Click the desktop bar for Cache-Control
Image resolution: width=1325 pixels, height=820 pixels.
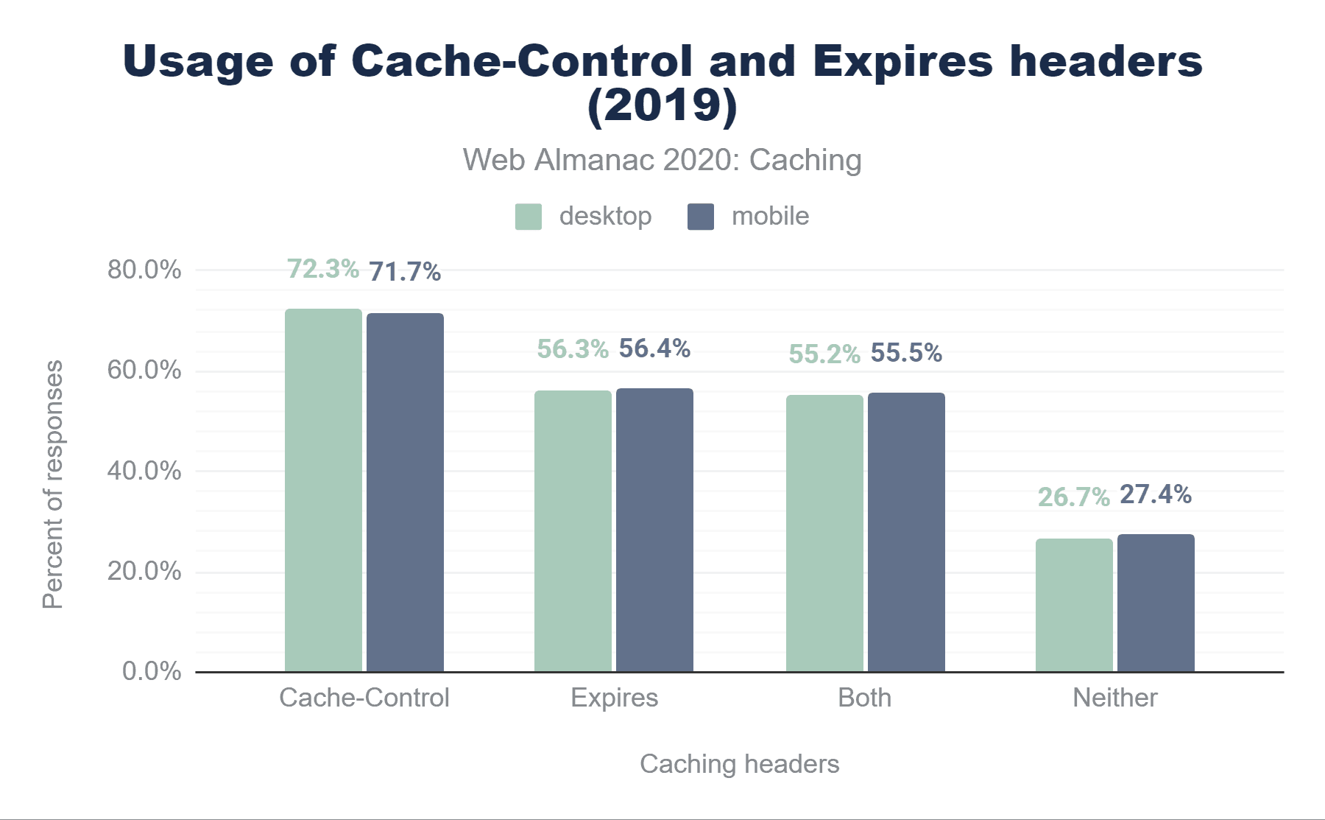point(323,490)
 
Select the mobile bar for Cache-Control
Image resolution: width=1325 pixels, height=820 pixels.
point(405,492)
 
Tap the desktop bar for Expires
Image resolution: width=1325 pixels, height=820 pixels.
point(573,530)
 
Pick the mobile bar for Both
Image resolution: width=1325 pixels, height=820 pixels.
point(906,532)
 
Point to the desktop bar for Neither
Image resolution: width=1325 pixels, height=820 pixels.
point(1074,605)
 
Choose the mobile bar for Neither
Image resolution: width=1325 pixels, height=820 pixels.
point(1156,603)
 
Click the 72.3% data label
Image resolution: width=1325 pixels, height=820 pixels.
point(322,269)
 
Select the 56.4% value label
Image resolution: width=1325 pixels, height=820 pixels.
point(654,348)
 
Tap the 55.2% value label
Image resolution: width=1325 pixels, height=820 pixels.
point(824,354)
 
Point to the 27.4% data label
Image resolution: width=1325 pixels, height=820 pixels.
point(1156,494)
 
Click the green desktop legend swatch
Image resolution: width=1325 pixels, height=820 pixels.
point(528,217)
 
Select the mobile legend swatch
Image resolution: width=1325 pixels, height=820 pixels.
point(700,217)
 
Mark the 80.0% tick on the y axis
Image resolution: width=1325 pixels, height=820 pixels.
point(144,270)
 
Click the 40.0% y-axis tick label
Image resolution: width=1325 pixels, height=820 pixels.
point(144,471)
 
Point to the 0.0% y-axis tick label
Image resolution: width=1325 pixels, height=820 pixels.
point(152,671)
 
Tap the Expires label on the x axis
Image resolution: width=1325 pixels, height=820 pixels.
point(614,698)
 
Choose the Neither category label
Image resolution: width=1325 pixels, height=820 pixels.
point(1114,698)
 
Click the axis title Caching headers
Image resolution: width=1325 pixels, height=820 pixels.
point(739,764)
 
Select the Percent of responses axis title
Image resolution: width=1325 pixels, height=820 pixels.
point(53,484)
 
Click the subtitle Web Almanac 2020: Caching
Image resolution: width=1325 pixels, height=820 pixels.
point(662,160)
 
